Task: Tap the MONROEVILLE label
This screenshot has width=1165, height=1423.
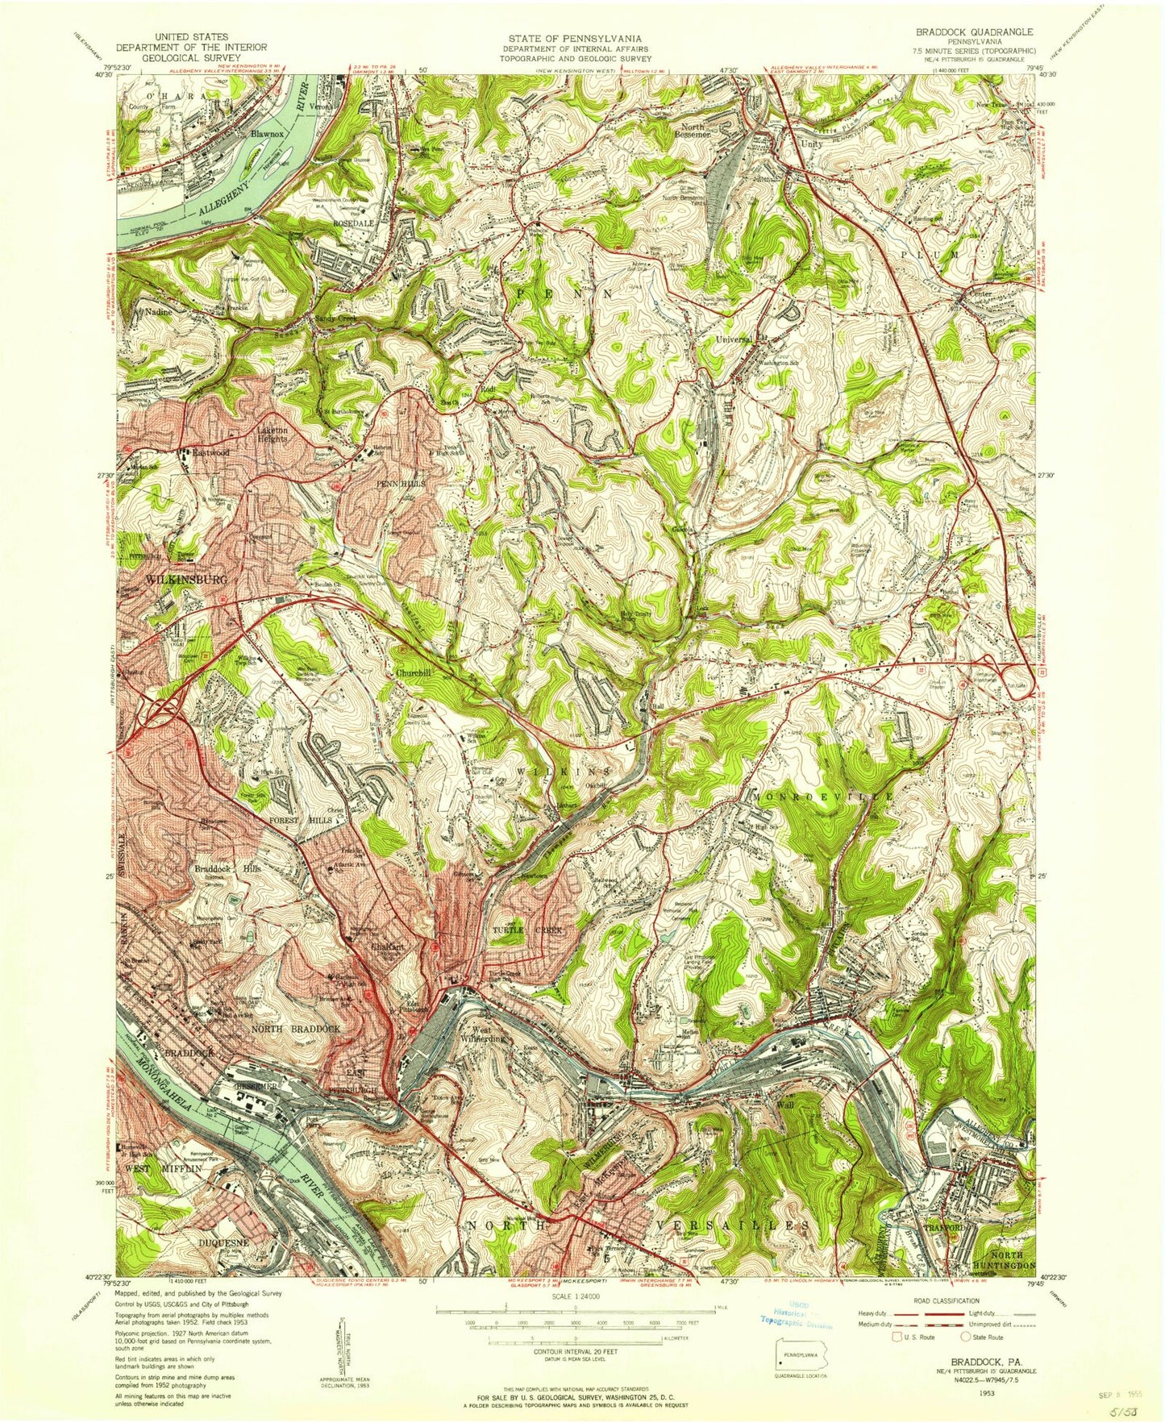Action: point(824,796)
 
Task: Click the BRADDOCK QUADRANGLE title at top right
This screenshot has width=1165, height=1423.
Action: point(974,31)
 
